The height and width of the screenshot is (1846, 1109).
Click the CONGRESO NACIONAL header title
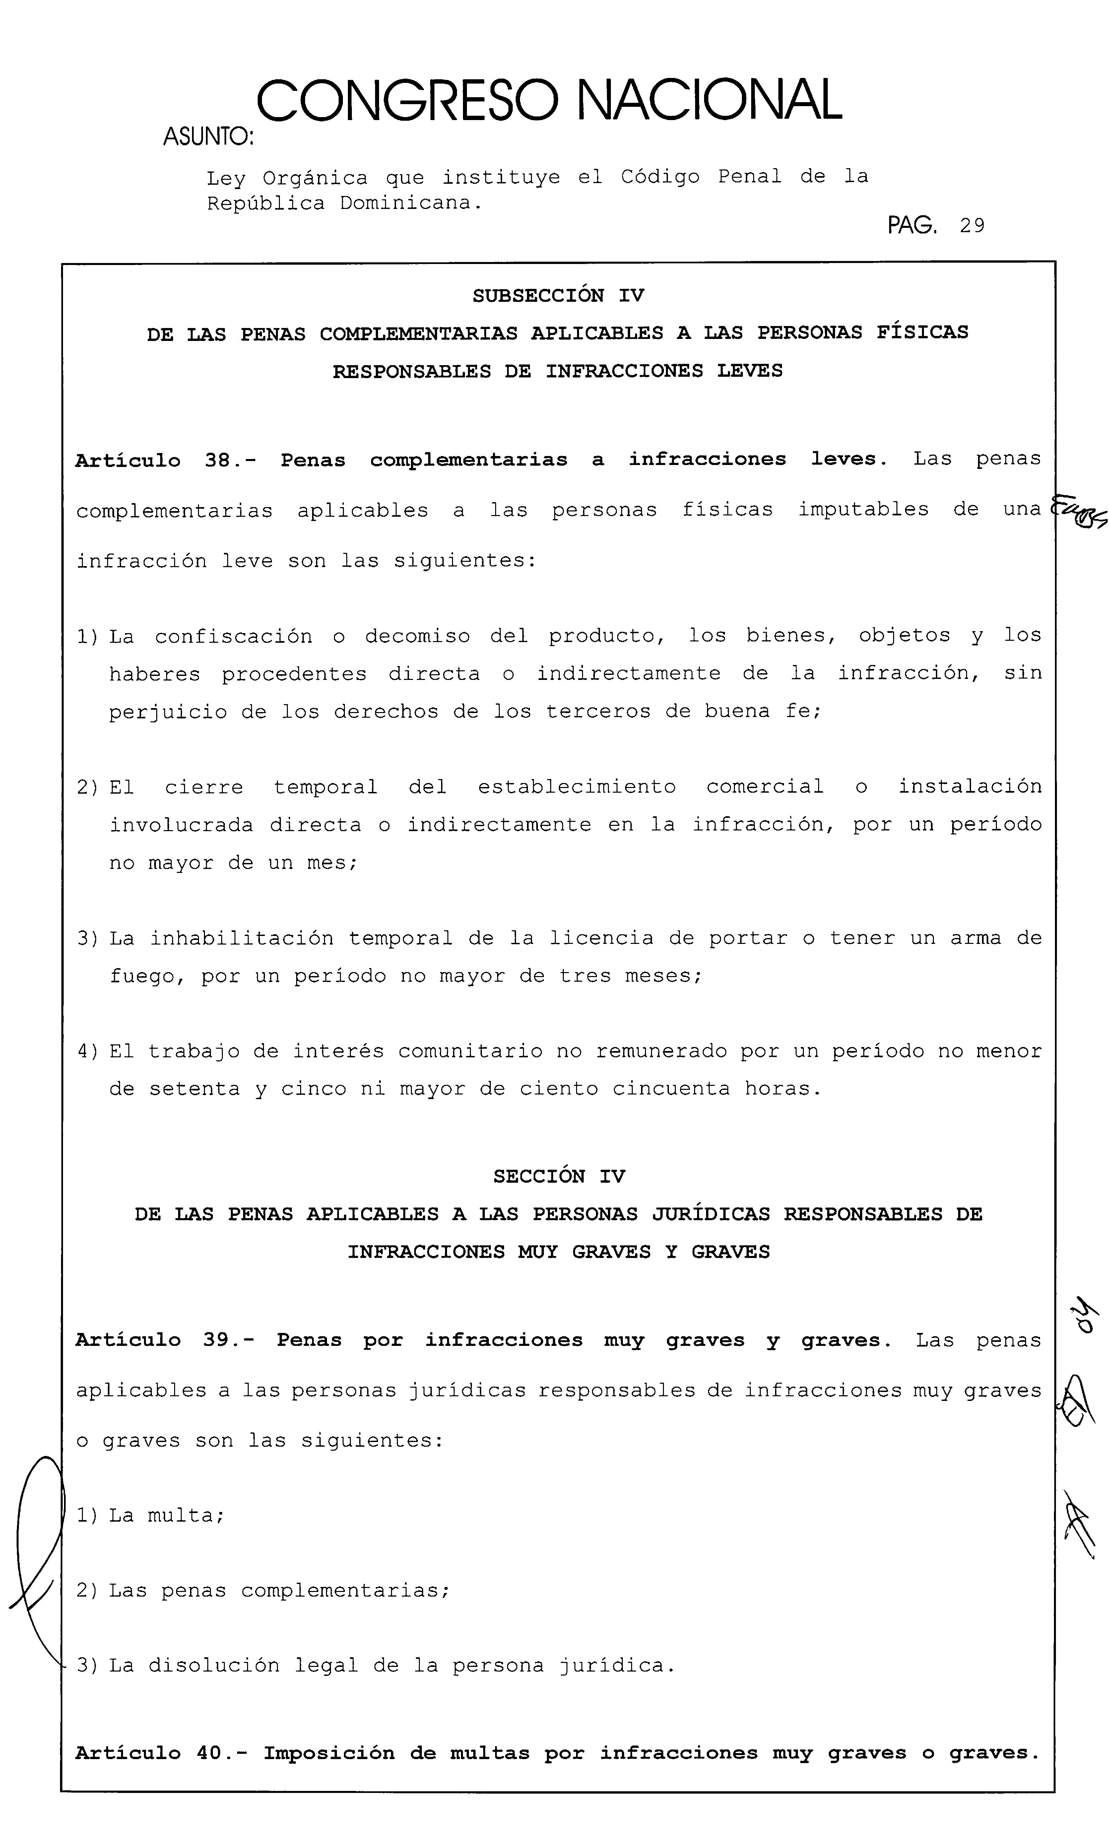click(x=549, y=101)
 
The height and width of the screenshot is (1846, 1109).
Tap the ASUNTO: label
click(x=208, y=137)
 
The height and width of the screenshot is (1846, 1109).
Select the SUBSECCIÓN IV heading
click(x=557, y=296)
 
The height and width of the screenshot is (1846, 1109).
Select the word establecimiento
click(x=577, y=787)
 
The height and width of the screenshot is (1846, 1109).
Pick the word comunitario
click(x=470, y=1052)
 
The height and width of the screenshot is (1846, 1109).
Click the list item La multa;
click(x=166, y=1516)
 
